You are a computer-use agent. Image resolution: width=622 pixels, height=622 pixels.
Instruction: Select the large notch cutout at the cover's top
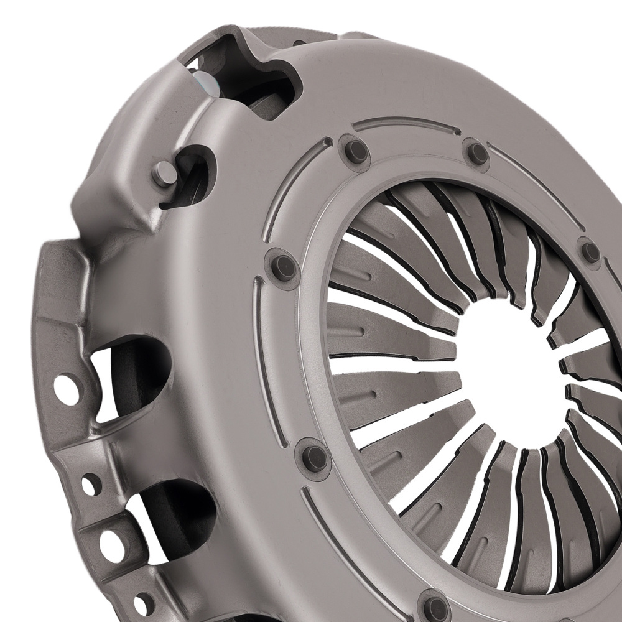point(239,75)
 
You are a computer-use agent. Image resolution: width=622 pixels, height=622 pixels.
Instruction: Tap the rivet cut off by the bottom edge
point(434,606)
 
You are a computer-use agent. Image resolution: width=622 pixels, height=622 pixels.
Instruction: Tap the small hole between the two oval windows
point(91,483)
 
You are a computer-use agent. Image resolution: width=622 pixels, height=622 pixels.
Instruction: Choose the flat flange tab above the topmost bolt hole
point(59,299)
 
